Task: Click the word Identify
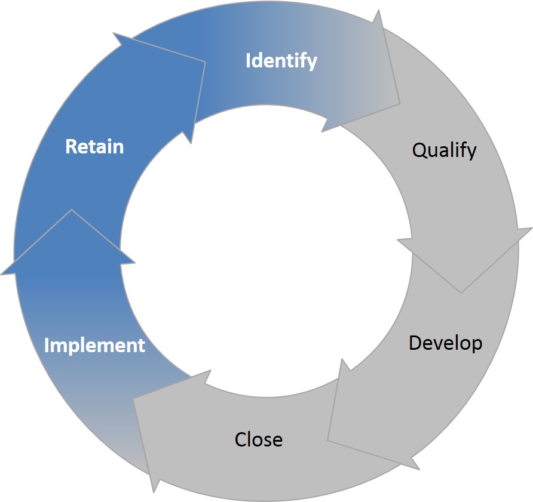281,61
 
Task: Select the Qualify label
445,150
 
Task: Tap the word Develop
445,343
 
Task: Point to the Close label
258,439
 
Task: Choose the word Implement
94,346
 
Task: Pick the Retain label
94,147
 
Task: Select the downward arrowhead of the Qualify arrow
464,260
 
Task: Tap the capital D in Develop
416,343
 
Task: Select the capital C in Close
241,439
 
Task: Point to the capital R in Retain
71,147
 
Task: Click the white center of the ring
266,251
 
